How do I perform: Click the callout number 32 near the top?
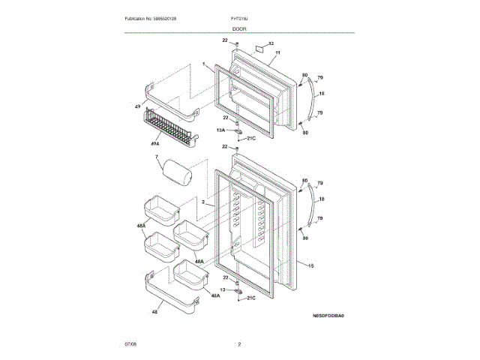pyautogui.click(x=271, y=44)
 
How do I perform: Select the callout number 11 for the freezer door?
pyautogui.click(x=277, y=54)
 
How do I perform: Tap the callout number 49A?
pyautogui.click(x=154, y=143)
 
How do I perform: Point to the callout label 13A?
pyautogui.click(x=220, y=130)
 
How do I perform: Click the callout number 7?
pyautogui.click(x=157, y=157)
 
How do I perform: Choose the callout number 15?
pyautogui.click(x=311, y=265)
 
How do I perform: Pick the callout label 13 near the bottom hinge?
pyautogui.click(x=222, y=289)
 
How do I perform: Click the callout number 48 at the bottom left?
pyautogui.click(x=154, y=311)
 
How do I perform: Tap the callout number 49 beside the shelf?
pyautogui.click(x=137, y=106)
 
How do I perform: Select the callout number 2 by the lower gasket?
pyautogui.click(x=203, y=203)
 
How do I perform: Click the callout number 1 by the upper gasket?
pyautogui.click(x=203, y=65)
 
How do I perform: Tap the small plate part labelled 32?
pyautogui.click(x=259, y=49)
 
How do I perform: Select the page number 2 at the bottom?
pyautogui.click(x=239, y=344)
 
